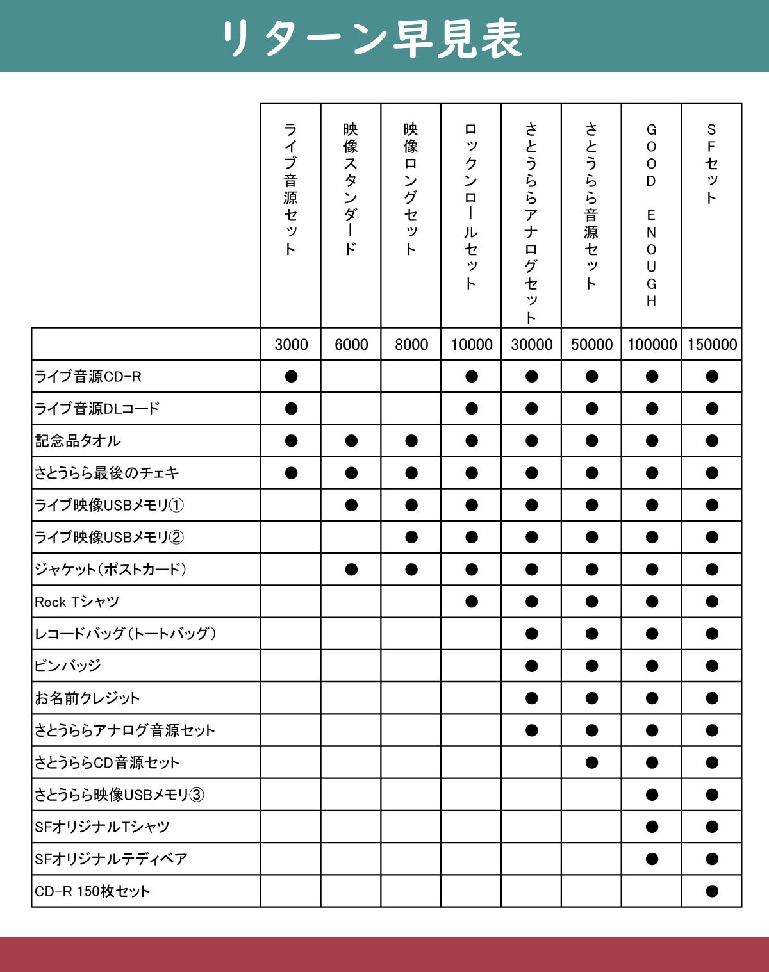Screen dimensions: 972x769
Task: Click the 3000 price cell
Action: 291,345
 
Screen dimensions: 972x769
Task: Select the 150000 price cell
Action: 712,345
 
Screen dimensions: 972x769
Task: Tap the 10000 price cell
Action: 472,345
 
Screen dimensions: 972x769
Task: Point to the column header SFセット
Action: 711,164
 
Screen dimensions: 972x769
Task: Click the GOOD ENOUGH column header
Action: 652,215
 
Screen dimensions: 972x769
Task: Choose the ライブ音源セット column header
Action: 290,189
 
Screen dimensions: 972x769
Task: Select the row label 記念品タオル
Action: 78,441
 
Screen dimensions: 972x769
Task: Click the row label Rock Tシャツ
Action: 77,602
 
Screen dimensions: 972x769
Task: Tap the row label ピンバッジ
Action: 68,666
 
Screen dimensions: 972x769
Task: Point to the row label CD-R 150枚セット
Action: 92,891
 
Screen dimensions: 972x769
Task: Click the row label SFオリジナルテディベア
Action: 111,859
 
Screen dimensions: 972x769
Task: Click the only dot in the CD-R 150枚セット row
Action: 712,891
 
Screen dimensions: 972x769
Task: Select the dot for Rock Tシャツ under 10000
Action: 472,602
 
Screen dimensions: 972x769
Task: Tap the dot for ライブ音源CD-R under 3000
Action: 291,376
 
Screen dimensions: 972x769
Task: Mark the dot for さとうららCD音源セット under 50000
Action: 591,762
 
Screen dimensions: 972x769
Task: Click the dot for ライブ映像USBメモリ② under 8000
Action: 411,537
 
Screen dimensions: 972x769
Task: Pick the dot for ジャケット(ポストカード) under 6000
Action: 351,570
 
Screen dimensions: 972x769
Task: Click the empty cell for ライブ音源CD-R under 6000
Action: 351,376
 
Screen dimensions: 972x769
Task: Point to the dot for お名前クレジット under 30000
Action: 531,698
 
